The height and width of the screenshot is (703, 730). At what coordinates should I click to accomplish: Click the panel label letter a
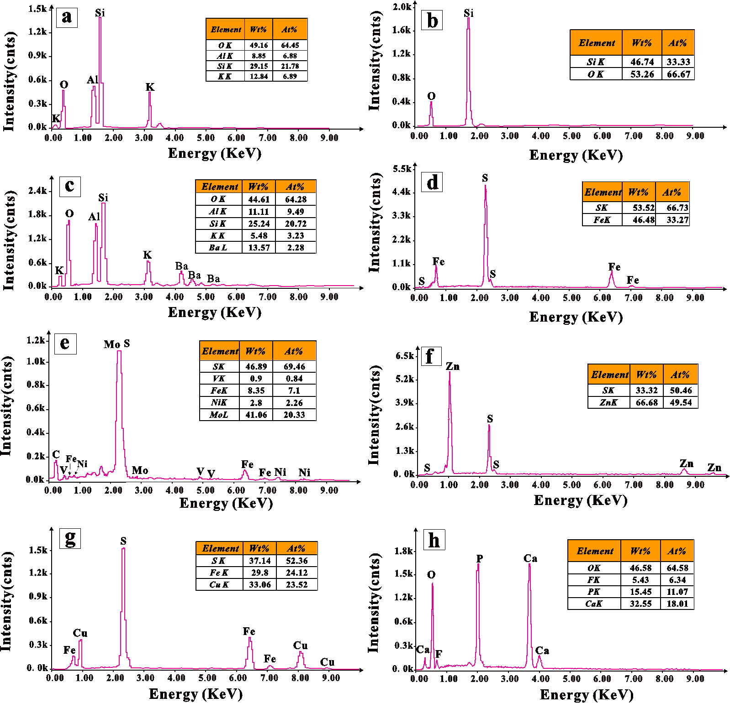67,17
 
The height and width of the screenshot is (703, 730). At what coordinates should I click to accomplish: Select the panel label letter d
432,182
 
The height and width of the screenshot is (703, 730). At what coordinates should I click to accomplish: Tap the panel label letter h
434,540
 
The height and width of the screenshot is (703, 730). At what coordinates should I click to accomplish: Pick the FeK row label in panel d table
602,220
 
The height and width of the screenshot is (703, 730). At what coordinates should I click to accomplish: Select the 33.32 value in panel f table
646,390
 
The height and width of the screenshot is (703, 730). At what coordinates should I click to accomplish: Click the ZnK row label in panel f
608,402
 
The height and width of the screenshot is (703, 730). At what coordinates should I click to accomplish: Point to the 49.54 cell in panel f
681,402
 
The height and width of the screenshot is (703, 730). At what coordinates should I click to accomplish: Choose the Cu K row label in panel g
219,584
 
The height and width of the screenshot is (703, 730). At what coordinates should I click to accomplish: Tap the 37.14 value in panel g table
259,561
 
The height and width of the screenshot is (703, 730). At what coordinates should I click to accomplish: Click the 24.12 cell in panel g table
296,573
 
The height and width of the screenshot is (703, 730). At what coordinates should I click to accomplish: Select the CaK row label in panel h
593,604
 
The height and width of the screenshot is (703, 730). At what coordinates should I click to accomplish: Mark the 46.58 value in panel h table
640,568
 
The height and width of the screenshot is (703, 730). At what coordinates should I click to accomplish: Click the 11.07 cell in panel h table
677,592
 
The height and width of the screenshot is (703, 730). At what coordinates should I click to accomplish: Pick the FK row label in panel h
593,580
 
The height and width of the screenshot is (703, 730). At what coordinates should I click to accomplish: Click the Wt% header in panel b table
641,43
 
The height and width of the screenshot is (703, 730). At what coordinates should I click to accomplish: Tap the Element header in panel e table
220,351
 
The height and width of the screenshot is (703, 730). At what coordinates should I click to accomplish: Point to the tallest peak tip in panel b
468,18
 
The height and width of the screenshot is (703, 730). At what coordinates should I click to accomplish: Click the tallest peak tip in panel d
485,186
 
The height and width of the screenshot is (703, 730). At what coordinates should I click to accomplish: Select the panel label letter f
429,356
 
